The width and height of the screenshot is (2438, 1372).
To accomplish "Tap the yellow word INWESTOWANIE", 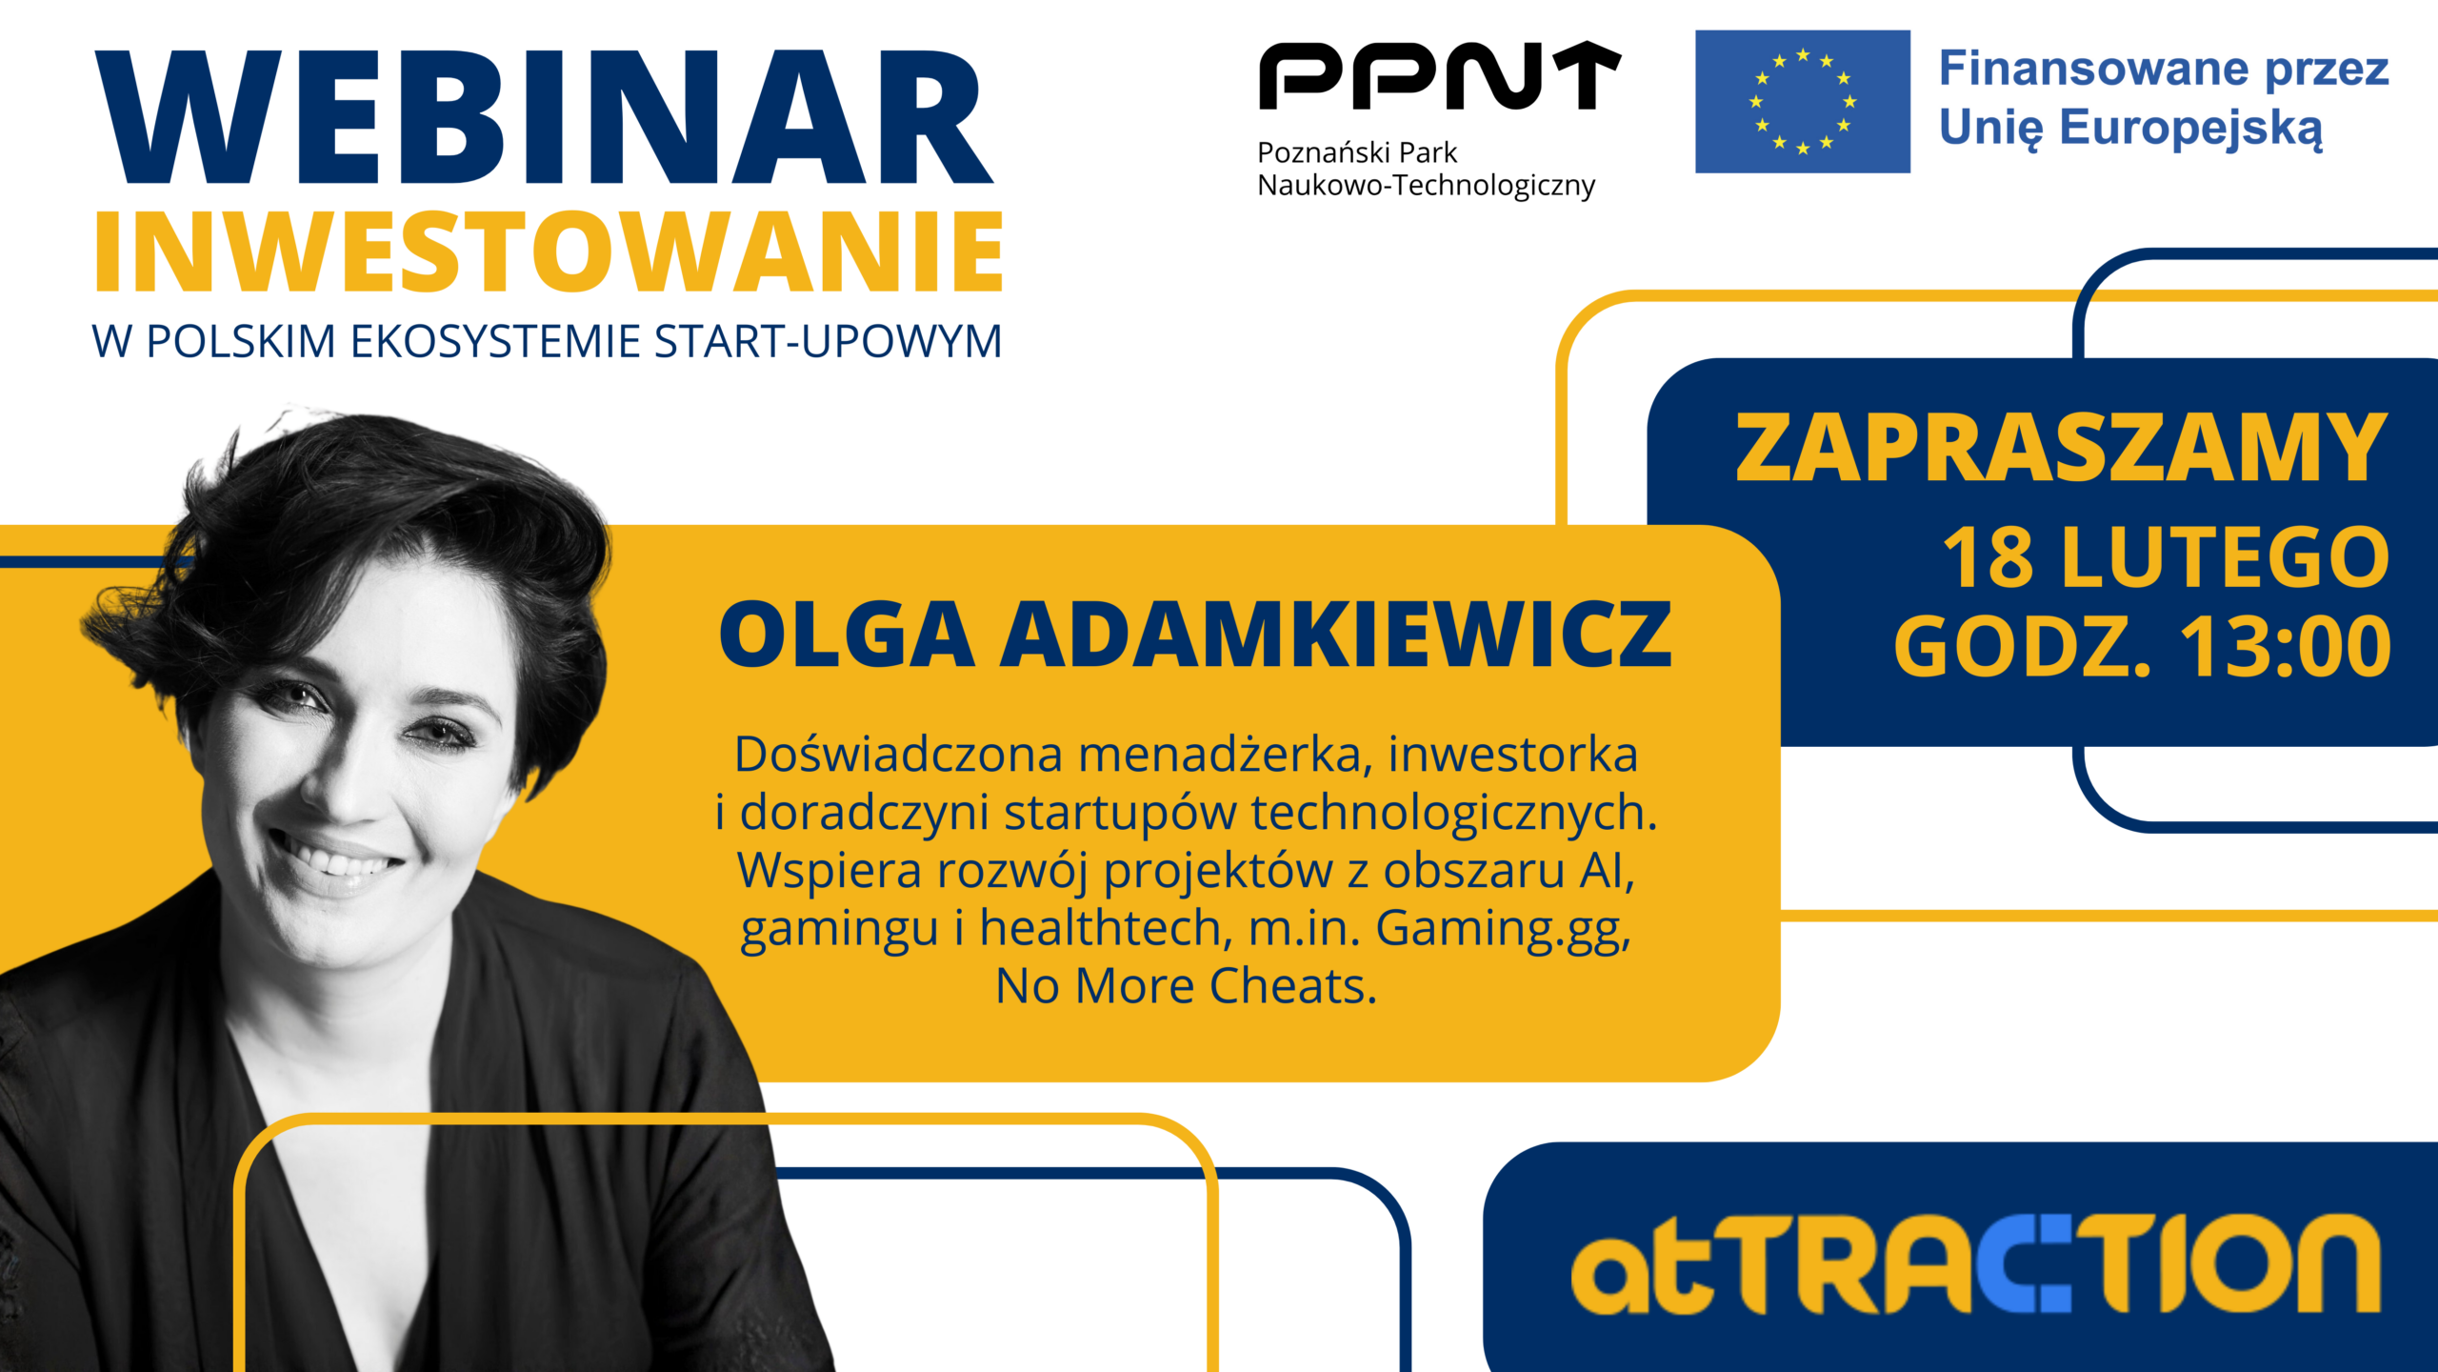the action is [x=549, y=252].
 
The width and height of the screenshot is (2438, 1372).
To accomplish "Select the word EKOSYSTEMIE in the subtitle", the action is [x=495, y=341].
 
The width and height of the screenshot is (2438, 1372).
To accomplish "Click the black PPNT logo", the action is [x=1439, y=75].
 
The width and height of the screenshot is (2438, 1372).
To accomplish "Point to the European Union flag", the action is [x=1803, y=101].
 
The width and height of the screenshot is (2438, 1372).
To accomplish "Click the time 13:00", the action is [x=2286, y=647].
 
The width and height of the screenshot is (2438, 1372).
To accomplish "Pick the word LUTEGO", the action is [x=2226, y=557].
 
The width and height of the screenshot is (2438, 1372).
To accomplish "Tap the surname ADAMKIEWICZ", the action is [x=1336, y=634].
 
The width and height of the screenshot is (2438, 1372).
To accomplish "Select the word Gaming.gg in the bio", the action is [x=1503, y=929].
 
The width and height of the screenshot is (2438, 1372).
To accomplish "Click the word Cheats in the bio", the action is [x=1293, y=985].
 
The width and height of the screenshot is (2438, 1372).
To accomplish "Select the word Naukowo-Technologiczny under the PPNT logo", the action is [x=1426, y=185].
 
